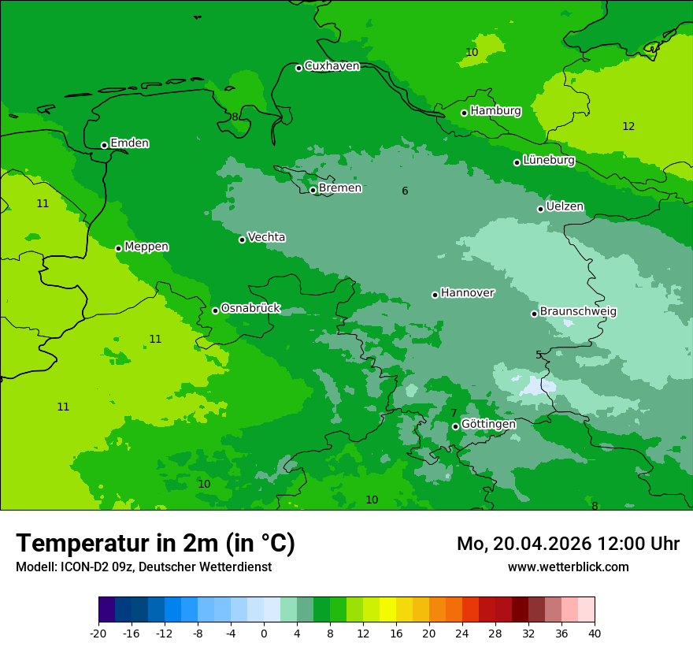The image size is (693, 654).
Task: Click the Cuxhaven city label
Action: coord(332,66)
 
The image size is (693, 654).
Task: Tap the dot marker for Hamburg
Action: coord(465,113)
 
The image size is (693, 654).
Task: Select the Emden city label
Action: coord(129,143)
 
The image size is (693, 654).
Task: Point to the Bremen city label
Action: coord(340,188)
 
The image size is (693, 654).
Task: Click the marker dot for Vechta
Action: coord(242,240)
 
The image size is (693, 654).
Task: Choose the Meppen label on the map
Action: coord(146,247)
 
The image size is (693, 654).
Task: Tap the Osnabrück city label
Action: coord(250,309)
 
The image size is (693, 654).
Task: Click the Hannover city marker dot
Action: coord(435,295)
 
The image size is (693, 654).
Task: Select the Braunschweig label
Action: coord(578,312)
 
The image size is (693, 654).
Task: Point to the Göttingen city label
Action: coord(488,425)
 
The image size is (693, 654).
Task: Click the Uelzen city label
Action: coord(565,207)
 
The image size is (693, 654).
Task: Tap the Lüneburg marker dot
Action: coord(517,162)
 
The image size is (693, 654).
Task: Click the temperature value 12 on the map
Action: coord(628,127)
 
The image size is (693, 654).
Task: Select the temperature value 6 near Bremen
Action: coord(405,191)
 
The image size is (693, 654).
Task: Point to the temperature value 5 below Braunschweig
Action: coord(539,355)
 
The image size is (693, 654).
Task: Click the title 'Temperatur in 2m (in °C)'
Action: coord(155,544)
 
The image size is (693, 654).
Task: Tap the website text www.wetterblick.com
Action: coord(568,567)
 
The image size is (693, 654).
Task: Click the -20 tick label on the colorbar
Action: coord(98,634)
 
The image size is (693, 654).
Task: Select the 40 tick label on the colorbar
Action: coord(595,634)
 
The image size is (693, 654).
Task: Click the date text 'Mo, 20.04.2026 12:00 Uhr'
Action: coord(568,544)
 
